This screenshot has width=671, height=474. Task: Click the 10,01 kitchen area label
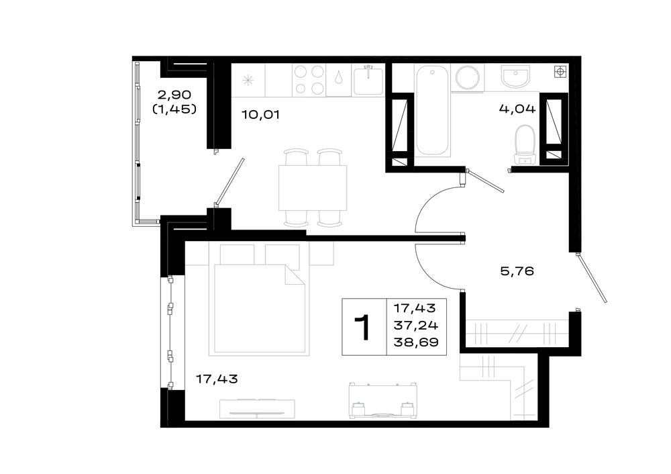coord(260,115)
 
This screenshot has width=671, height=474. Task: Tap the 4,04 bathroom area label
coord(517,109)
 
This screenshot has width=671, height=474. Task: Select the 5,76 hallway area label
coord(517,271)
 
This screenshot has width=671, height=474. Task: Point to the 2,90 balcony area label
coord(174,94)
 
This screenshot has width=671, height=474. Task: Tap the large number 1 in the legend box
coord(363,327)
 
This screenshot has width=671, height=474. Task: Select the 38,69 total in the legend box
coord(416,342)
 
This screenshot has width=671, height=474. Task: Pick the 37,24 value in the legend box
coord(416,326)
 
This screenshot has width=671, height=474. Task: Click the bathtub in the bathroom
coord(432,110)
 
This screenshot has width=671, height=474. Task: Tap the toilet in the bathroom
coord(525,145)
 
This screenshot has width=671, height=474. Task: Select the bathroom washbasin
coord(515,77)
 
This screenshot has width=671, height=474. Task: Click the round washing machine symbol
coord(467,78)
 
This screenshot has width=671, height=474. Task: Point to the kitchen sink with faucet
coord(368,80)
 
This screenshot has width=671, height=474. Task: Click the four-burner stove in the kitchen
coord(309,80)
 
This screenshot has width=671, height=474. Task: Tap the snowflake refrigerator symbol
coord(248,80)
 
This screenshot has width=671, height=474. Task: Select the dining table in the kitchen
coord(313,188)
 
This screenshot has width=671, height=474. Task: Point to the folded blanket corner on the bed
coord(295,275)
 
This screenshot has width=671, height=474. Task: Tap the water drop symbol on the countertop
coord(339,77)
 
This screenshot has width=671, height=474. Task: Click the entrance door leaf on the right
coord(591,278)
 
